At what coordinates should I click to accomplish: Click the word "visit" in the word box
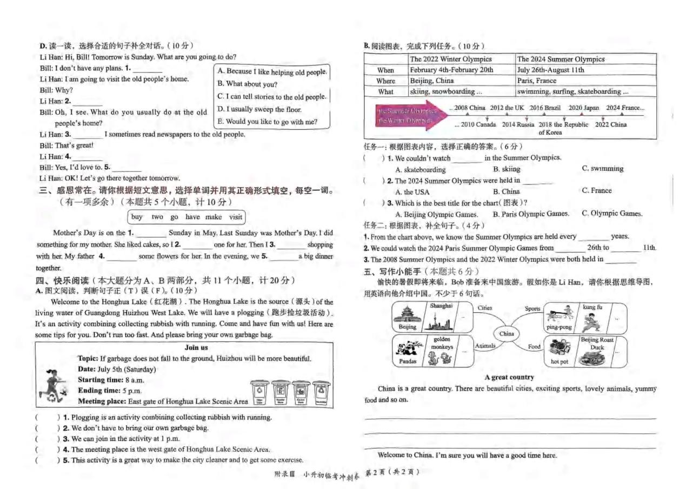pyautogui.click(x=235, y=217)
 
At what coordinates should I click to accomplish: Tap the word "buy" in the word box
pyautogui.click(x=137, y=217)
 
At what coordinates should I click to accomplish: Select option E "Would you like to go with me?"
pyautogui.click(x=268, y=122)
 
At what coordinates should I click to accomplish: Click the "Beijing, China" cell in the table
pyautogui.click(x=431, y=81)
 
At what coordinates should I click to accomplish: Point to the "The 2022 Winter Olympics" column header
pyautogui.click(x=450, y=59)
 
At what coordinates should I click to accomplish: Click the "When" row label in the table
pyautogui.click(x=385, y=70)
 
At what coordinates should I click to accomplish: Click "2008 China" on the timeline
pyautogui.click(x=469, y=108)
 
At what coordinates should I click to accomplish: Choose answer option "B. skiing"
pyautogui.click(x=506, y=169)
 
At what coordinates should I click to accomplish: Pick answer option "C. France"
pyautogui.click(x=597, y=190)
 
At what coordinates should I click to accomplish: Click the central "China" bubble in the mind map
pyautogui.click(x=507, y=334)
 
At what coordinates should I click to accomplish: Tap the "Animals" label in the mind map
pyautogui.click(x=485, y=346)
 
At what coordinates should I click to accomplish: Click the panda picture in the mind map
pyautogui.click(x=408, y=348)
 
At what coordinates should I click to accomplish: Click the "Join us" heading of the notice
pyautogui.click(x=196, y=347)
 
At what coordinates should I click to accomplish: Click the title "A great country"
pyautogui.click(x=509, y=377)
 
